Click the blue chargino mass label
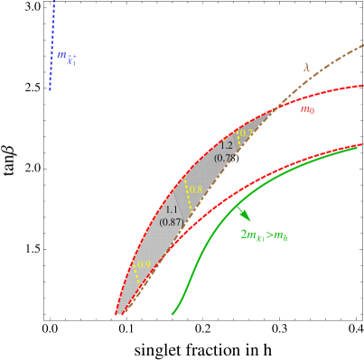(67, 59)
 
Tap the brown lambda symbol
(306, 67)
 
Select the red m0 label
(307, 110)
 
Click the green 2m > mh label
(264, 235)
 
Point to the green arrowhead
(245, 216)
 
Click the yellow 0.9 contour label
(144, 265)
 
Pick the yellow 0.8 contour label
(195, 189)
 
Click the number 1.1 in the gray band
(172, 209)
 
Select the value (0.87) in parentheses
(172, 222)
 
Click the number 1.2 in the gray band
(226, 145)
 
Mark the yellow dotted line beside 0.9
(135, 274)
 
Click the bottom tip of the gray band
(118, 313)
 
